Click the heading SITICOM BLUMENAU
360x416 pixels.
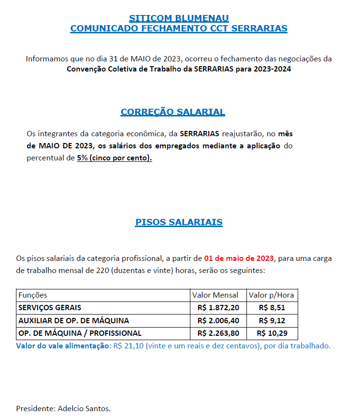179,18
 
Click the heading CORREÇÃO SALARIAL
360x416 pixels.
173,112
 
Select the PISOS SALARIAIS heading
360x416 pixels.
179,222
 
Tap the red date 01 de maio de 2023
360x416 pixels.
239,258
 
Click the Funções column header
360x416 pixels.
33,295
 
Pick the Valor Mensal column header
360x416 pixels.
215,295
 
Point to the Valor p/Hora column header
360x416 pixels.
271,295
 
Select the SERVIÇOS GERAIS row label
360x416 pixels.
50,308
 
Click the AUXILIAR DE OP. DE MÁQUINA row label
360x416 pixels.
73,320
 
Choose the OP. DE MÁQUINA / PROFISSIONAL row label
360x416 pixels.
80,333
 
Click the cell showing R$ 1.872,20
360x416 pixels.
218,308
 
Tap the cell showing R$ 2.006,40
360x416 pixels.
218,320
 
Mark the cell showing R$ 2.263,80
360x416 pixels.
218,333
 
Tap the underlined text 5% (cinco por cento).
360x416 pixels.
114,158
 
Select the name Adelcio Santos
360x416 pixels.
84,408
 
